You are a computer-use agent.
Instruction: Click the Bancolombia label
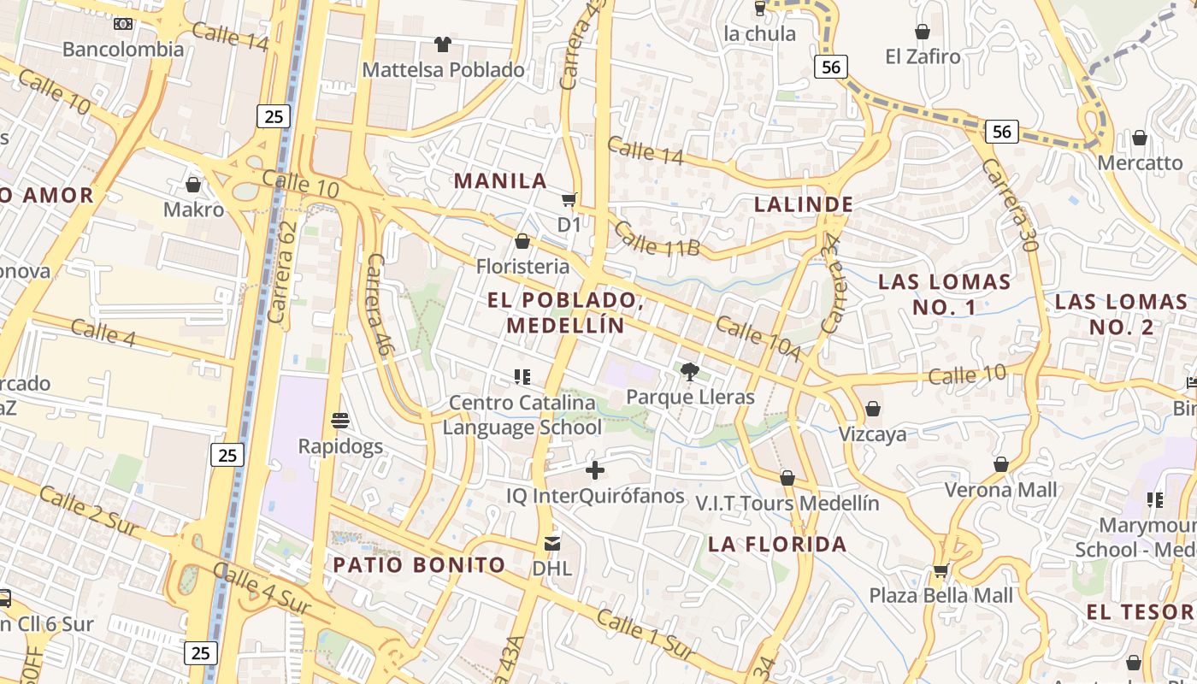[123, 49]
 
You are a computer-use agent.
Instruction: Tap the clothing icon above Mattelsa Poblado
[442, 44]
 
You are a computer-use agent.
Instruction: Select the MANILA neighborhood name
[500, 180]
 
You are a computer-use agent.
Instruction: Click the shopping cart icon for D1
[569, 200]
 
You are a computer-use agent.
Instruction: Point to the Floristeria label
[522, 266]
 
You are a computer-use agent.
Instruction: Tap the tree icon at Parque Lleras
[689, 371]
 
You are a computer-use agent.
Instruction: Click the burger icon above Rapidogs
[340, 420]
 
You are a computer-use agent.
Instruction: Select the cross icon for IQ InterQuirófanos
[595, 469]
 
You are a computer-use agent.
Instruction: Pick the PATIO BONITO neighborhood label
[419, 564]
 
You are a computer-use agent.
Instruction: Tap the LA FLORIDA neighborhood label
[777, 544]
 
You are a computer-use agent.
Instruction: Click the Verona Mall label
[1000, 490]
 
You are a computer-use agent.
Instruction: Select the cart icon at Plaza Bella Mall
[940, 570]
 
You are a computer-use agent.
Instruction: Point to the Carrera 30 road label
[1010, 204]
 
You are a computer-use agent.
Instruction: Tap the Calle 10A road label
[758, 339]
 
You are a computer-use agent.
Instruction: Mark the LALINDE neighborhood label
[804, 203]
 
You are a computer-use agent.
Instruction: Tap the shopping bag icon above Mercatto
[1139, 138]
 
